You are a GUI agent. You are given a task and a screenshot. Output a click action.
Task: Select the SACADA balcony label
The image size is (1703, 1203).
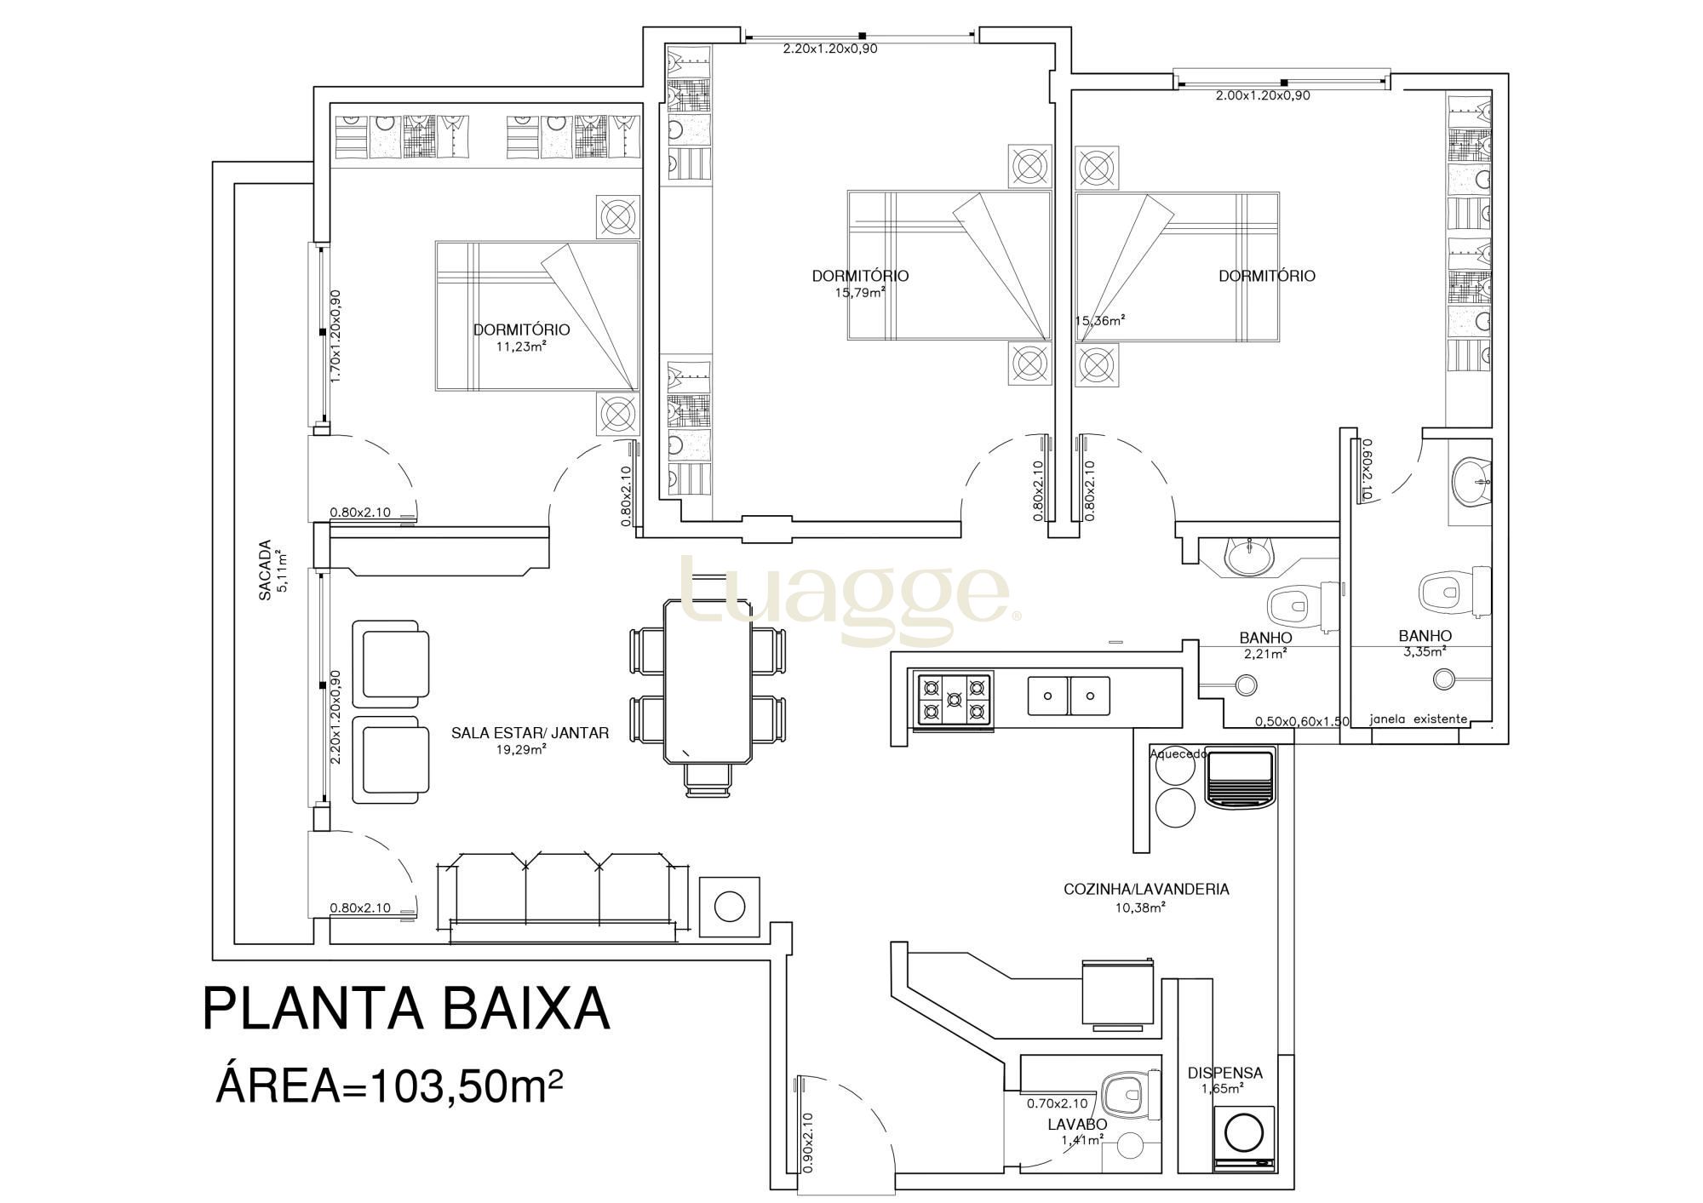coord(265,570)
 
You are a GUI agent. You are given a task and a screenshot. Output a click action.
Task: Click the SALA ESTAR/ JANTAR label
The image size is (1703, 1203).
coord(530,732)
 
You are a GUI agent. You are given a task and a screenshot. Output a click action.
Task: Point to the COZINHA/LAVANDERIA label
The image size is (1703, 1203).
coord(1146,889)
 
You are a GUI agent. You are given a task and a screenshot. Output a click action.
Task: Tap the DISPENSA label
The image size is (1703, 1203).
coord(1224,1073)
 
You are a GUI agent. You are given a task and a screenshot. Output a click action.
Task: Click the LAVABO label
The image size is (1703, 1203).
coord(1077,1124)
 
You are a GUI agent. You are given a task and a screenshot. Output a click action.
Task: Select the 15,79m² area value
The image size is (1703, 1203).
coord(860,291)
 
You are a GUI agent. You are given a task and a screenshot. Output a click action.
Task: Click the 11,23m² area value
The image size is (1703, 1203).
coord(520,346)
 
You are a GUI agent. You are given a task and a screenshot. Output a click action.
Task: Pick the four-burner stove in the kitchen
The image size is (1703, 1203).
coord(953,701)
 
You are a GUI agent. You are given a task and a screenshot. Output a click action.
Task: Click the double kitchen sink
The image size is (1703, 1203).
coord(1068,696)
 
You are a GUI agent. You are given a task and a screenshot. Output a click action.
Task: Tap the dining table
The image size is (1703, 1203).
coord(708,681)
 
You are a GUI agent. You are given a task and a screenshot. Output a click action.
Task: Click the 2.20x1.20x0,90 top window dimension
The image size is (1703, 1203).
coord(830,49)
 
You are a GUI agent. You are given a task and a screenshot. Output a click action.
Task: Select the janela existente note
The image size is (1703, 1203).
coord(1419,719)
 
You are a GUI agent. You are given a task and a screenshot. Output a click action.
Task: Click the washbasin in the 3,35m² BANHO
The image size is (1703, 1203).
coord(1471,482)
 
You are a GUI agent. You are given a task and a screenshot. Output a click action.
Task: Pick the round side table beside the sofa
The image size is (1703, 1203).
coord(730,907)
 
